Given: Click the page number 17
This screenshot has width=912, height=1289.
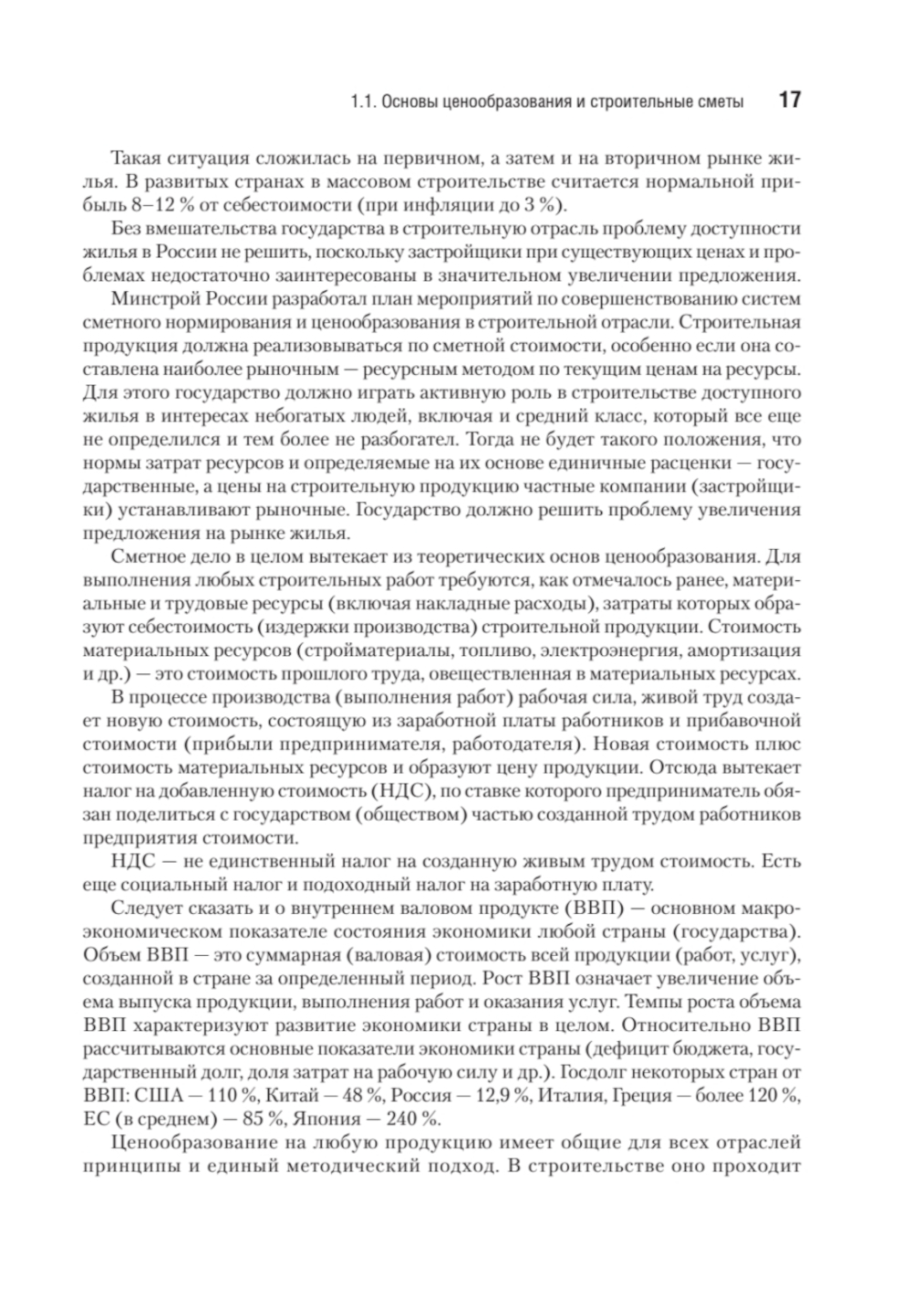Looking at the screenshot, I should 788,100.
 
